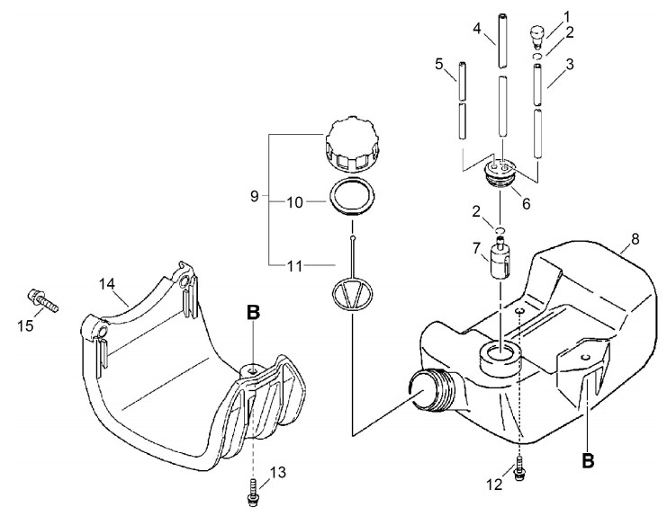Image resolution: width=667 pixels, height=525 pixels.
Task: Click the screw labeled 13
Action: pos(253,492)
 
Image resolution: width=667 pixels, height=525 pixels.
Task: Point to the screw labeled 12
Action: pos(518,468)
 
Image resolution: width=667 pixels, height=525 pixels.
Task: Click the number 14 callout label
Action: pos(107,284)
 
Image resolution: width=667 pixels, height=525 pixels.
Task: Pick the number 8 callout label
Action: pos(635,239)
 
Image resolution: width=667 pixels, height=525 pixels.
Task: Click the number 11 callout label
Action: pos(294,267)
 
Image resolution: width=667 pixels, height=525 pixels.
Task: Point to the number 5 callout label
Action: pos(439,65)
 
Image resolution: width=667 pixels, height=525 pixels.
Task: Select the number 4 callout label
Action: pos(477,29)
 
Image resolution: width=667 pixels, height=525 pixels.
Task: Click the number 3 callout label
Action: pos(570,64)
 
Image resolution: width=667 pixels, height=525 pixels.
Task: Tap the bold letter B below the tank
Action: pos(588,460)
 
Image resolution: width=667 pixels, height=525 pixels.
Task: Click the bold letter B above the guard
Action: pos(253,313)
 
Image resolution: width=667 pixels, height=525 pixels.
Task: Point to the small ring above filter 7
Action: pos(500,230)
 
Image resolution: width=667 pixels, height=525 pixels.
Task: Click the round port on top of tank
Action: pos(500,357)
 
